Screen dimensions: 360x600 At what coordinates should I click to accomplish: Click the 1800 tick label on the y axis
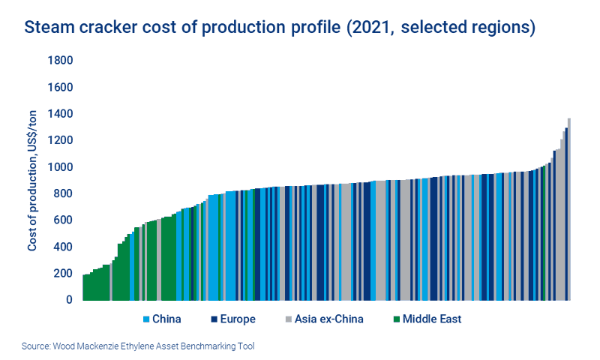(61, 61)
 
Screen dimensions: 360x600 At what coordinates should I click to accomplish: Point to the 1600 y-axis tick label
(61, 88)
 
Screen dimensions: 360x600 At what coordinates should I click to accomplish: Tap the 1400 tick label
(61, 114)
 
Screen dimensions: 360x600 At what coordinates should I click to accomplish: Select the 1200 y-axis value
(61, 141)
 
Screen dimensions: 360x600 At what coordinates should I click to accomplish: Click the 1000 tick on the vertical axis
(61, 167)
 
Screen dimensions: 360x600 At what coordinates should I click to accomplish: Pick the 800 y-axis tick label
(64, 194)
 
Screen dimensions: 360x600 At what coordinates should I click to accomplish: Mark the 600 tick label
(64, 220)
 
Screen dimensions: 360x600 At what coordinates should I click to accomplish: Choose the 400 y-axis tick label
(64, 247)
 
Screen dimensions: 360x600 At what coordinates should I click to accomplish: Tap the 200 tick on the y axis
(64, 274)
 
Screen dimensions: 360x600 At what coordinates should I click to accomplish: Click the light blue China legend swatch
(147, 319)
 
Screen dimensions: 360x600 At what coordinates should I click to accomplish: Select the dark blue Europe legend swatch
(214, 319)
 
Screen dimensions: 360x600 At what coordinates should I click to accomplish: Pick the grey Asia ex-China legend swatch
(289, 319)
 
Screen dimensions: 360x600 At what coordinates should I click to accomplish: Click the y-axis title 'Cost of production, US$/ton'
(33, 180)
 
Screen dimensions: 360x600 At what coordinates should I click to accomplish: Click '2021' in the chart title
(366, 28)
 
